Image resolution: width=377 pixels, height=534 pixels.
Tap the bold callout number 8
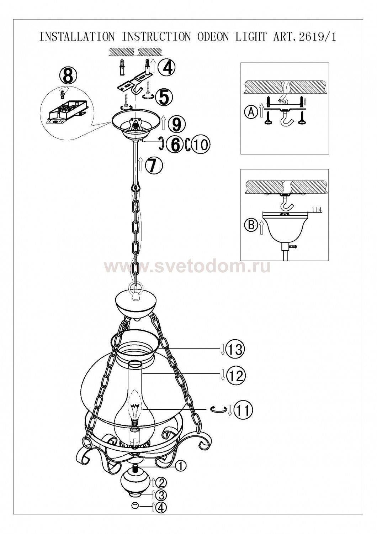pos(68,75)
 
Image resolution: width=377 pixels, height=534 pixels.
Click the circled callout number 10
pos(201,145)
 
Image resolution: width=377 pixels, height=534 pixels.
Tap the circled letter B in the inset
pos(251,225)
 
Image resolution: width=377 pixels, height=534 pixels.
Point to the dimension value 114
pos(317,210)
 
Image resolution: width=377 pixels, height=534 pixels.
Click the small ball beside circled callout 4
pos(136,517)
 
